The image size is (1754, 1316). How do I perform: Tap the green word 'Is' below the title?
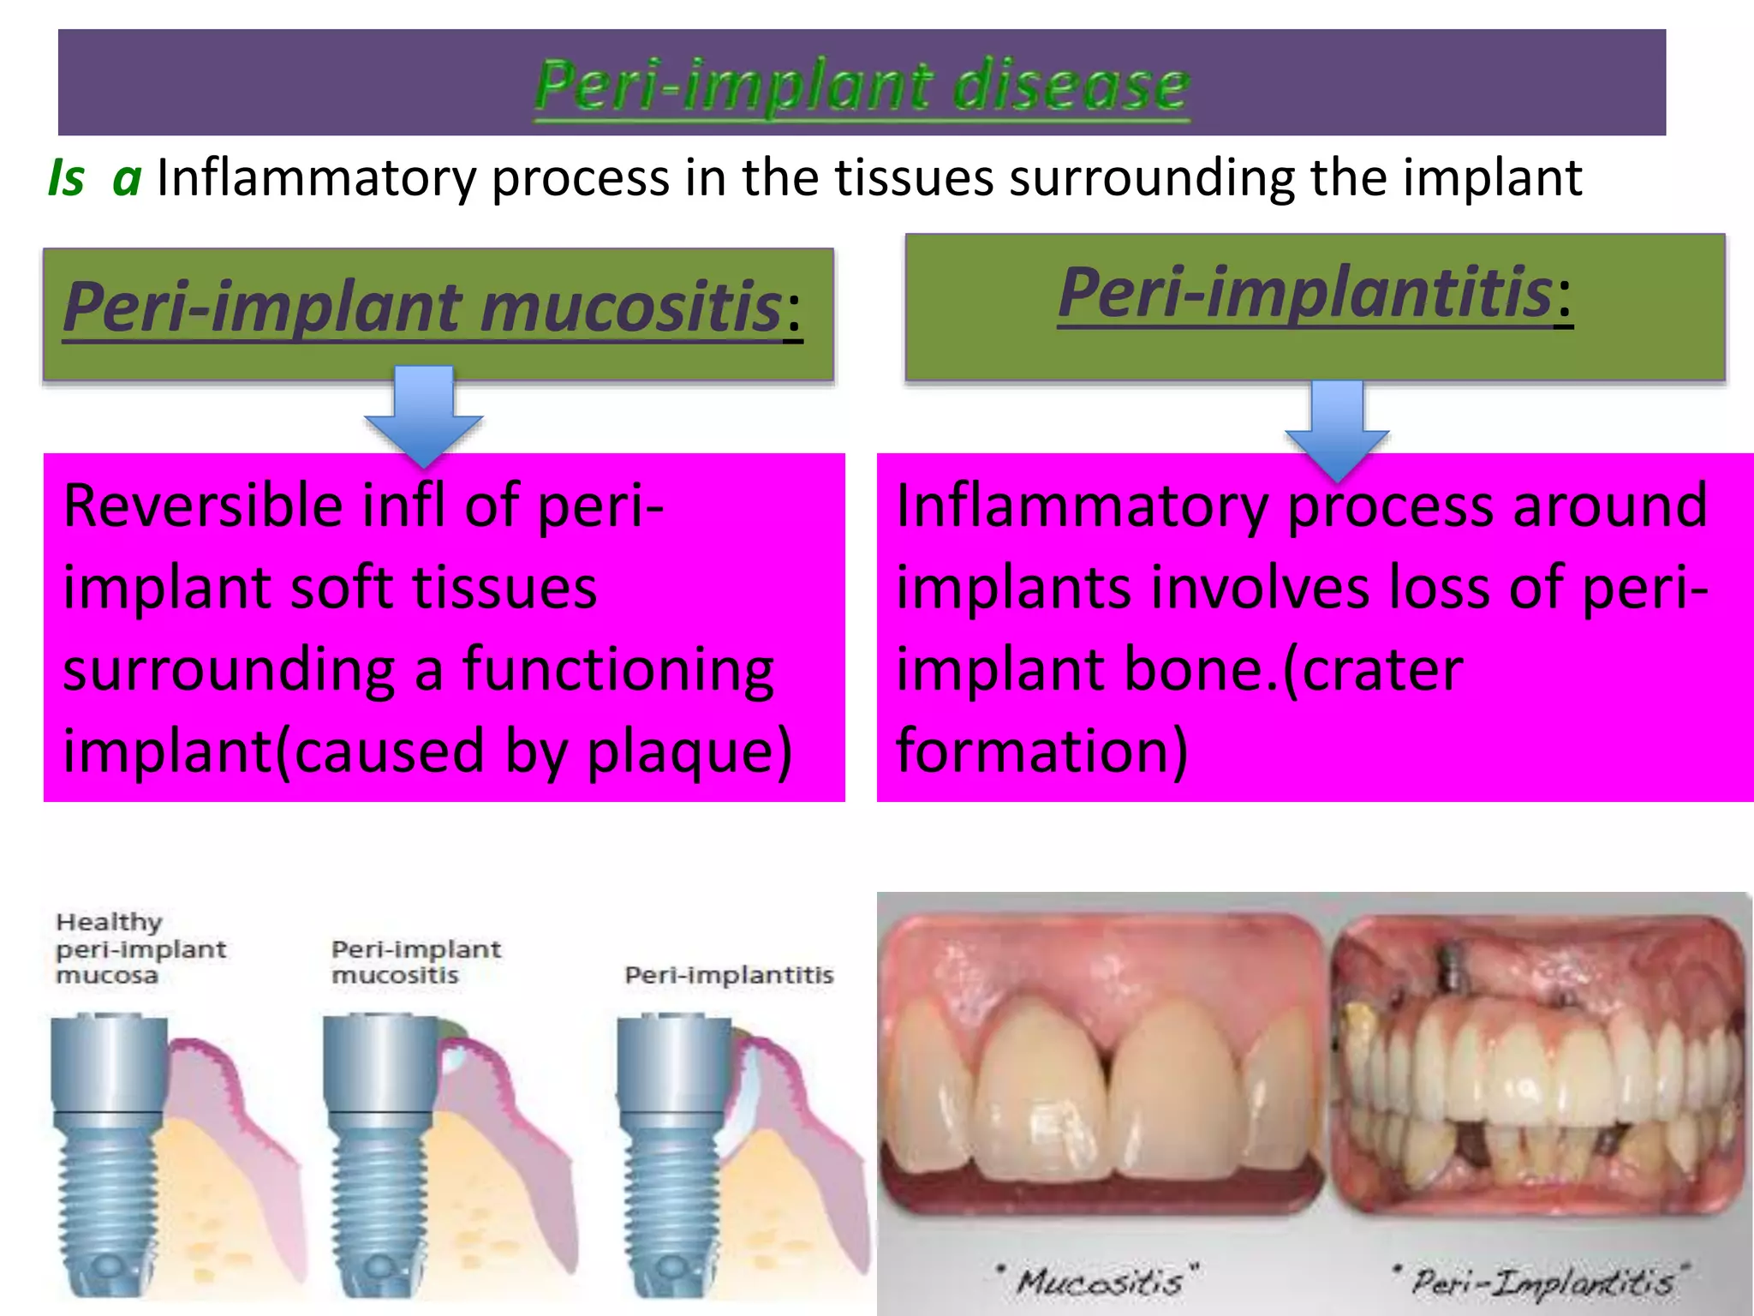[x=66, y=178]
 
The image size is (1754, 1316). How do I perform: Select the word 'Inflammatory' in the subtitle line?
[x=316, y=178]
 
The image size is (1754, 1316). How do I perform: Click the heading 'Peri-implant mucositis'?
[x=423, y=307]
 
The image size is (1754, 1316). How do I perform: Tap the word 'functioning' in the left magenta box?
[x=617, y=670]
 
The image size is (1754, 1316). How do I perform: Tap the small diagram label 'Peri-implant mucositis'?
[x=415, y=961]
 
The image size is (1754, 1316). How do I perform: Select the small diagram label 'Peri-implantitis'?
[x=729, y=975]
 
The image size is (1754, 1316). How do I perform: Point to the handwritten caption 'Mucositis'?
[x=1101, y=1282]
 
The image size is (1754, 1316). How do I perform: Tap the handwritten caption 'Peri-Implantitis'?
[x=1542, y=1282]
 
